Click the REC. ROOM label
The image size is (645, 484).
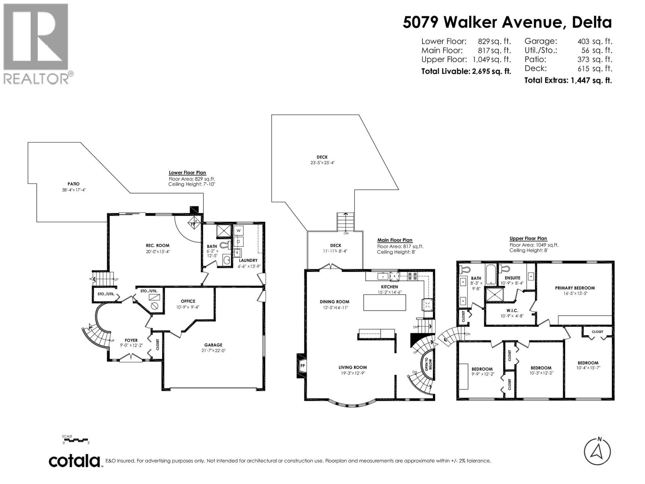tap(157, 245)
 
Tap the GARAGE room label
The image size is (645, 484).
tap(213, 345)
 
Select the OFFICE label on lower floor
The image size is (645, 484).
tap(188, 301)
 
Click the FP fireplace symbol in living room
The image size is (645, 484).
tap(302, 366)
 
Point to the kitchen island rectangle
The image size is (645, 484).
tap(385, 302)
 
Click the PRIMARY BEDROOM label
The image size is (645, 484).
tap(574, 288)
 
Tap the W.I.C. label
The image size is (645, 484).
tap(510, 310)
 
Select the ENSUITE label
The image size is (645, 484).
tap(512, 278)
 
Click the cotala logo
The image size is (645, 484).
tap(75, 461)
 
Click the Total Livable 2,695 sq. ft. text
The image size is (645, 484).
tap(466, 71)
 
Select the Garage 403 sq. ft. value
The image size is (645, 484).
tap(595, 41)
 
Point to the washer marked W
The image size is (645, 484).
tap(239, 231)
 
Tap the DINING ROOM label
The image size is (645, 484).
tap(334, 302)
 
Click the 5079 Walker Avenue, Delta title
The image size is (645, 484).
tap(507, 22)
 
